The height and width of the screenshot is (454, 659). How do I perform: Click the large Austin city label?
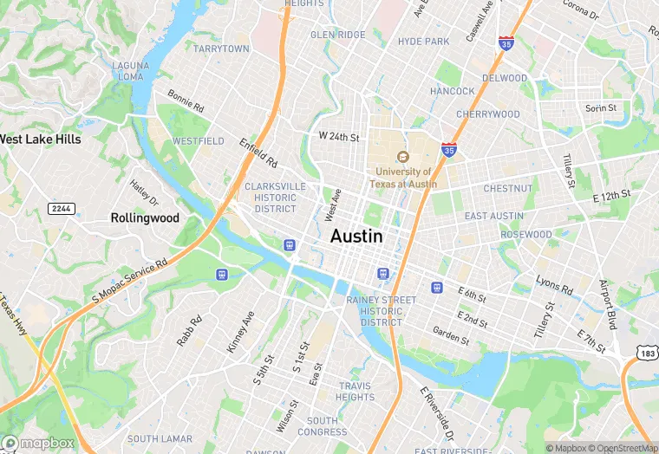[356, 236]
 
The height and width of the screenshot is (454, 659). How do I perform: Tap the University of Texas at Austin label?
[403, 178]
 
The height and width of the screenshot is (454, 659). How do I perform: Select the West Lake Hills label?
[40, 139]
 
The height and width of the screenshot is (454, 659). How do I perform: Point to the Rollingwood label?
[145, 218]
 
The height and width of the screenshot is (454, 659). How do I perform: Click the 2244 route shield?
[61, 209]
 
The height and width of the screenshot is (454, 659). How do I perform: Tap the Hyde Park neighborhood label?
[423, 42]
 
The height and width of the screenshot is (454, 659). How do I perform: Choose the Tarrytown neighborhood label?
[221, 49]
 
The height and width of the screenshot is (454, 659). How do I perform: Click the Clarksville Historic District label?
[275, 198]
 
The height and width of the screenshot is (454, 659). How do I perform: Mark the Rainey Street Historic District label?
[381, 311]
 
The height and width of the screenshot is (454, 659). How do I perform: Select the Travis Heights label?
[355, 392]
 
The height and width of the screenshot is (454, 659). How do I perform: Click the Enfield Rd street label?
[258, 152]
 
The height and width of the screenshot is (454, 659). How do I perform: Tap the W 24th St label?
[338, 137]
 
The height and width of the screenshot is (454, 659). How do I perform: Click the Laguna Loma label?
[130, 71]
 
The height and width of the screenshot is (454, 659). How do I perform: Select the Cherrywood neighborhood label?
[487, 114]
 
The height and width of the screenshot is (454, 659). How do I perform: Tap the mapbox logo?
[38, 443]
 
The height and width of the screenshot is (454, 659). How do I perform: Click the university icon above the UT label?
[402, 157]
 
